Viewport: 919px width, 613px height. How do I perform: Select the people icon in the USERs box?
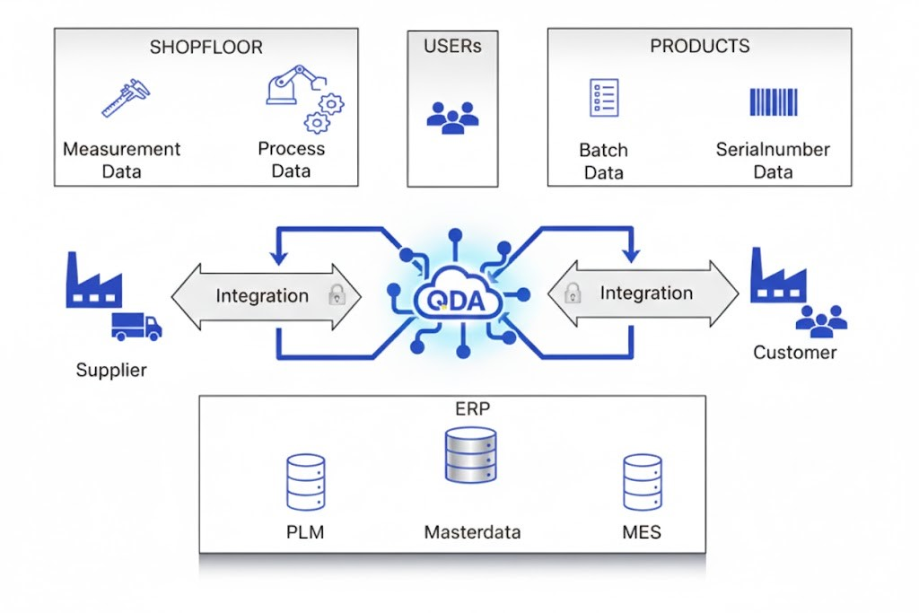point(452,117)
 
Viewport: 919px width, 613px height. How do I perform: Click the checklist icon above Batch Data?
point(604,97)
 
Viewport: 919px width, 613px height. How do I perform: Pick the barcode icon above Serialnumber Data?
point(773,101)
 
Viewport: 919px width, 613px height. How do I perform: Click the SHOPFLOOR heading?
point(206,46)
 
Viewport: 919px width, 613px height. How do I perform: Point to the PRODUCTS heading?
point(699,46)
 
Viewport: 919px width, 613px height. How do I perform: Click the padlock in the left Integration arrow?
point(337,294)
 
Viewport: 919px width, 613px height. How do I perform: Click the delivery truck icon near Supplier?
point(136,327)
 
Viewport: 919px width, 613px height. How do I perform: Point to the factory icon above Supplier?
point(92,282)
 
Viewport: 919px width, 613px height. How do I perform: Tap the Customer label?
point(794,352)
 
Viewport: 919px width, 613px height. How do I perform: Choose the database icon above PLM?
point(305,483)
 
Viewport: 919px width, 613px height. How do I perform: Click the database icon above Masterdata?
point(470,455)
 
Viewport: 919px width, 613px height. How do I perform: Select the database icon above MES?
point(642,483)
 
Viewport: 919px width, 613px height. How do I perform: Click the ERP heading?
point(472,409)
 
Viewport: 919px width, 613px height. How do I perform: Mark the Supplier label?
point(111,370)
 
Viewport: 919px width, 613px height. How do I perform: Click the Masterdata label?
point(472,532)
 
